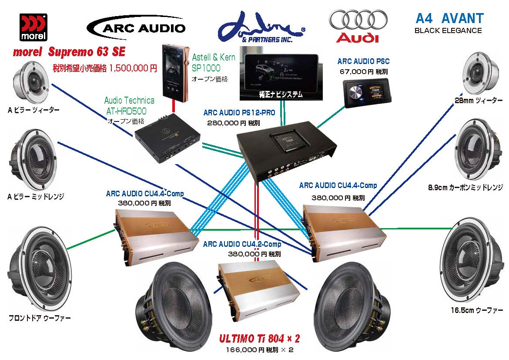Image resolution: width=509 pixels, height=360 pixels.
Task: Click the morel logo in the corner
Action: tap(34, 27)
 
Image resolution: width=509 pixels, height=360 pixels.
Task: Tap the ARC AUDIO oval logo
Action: tap(136, 27)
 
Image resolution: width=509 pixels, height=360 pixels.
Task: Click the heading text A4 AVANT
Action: tap(449, 18)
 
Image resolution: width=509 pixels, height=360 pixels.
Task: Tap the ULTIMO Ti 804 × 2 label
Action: tap(259, 339)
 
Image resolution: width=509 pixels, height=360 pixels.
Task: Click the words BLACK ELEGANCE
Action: tap(448, 30)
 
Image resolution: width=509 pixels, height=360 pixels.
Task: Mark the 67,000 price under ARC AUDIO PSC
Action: tap(353, 72)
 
